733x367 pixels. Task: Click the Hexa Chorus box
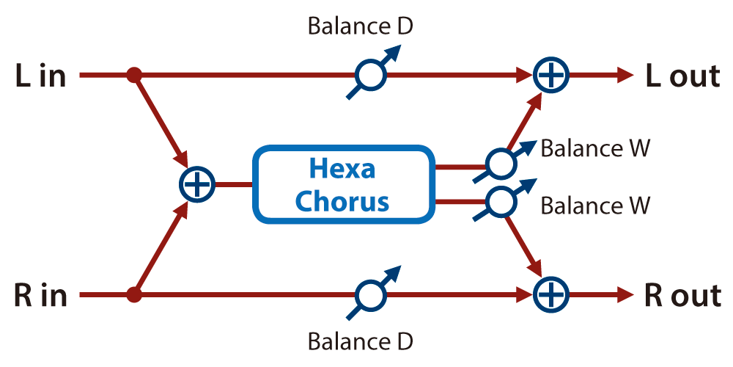[x=342, y=184]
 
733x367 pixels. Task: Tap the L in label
[x=40, y=77]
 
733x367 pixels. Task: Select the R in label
[x=41, y=297]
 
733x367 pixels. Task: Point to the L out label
[x=682, y=76]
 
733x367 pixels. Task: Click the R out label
[x=682, y=296]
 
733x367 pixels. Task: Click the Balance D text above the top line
[x=361, y=26]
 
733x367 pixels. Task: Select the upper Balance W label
[x=595, y=149]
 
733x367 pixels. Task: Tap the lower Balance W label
[x=595, y=206]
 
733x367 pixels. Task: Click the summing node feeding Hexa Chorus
[x=196, y=184]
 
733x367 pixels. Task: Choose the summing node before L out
[x=550, y=75]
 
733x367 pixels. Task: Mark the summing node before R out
[x=550, y=295]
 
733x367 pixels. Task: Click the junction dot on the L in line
[x=134, y=75]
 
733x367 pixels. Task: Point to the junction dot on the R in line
[x=134, y=295]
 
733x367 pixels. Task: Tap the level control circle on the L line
[x=371, y=75]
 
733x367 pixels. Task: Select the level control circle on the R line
[x=371, y=295]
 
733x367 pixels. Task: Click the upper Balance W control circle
[x=501, y=164]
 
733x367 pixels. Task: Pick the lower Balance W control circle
[x=501, y=201]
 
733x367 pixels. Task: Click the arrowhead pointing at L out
[x=625, y=75]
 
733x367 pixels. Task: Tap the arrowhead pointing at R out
[x=625, y=295]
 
